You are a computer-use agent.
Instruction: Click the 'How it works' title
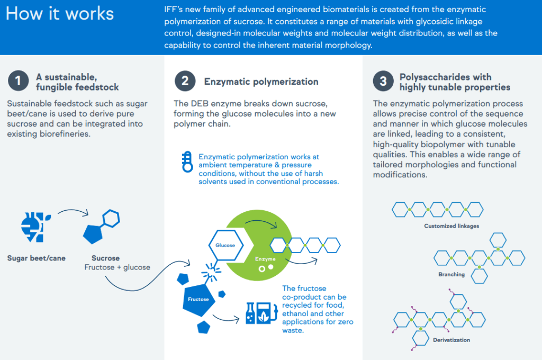click(x=60, y=14)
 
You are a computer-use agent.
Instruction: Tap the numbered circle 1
click(x=18, y=81)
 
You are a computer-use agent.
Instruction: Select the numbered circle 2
click(x=185, y=81)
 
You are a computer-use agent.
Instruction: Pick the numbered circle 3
click(x=383, y=81)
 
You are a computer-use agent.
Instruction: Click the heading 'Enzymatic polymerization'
click(x=261, y=82)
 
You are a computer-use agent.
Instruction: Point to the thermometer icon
click(x=187, y=161)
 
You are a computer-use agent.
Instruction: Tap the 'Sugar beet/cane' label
click(x=37, y=258)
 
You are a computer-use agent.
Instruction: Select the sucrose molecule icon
click(x=101, y=227)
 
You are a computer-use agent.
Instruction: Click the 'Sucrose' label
click(x=105, y=258)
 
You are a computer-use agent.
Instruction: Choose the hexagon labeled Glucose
click(x=225, y=245)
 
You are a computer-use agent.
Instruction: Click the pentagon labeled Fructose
click(x=198, y=300)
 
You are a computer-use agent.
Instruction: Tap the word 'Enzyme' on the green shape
click(x=265, y=259)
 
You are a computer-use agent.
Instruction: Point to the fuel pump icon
click(x=267, y=313)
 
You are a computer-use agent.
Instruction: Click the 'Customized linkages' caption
click(x=451, y=226)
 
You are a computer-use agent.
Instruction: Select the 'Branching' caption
click(x=451, y=274)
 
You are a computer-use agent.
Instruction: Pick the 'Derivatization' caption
click(x=451, y=340)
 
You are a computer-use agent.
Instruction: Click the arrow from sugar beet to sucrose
click(x=73, y=211)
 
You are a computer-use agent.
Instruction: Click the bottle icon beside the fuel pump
click(x=250, y=313)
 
